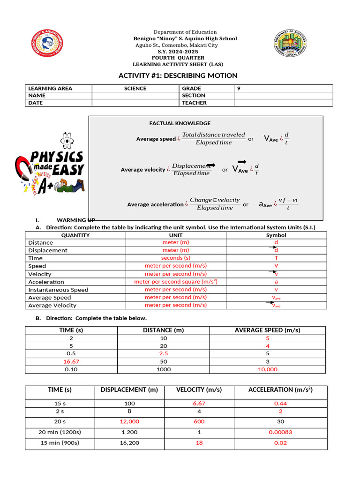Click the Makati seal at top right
pyautogui.click(x=291, y=46)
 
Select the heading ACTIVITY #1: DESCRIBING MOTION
pyautogui.click(x=178, y=75)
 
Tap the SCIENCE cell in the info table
pyautogui.click(x=135, y=88)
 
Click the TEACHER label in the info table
pyautogui.click(x=194, y=103)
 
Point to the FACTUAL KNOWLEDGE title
pyautogui.click(x=180, y=123)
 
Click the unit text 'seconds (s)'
pyautogui.click(x=176, y=258)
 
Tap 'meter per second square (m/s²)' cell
pyautogui.click(x=176, y=282)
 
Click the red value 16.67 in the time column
pyautogui.click(x=71, y=361)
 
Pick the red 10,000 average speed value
pyautogui.click(x=268, y=369)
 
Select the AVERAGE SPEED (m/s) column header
pyautogui.click(x=268, y=330)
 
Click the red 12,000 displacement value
pyautogui.click(x=129, y=421)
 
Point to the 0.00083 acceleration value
pyautogui.click(x=280, y=432)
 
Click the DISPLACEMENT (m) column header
pyautogui.click(x=129, y=390)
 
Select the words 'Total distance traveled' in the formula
pyautogui.click(x=213, y=135)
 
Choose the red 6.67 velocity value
pyautogui.click(x=199, y=403)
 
